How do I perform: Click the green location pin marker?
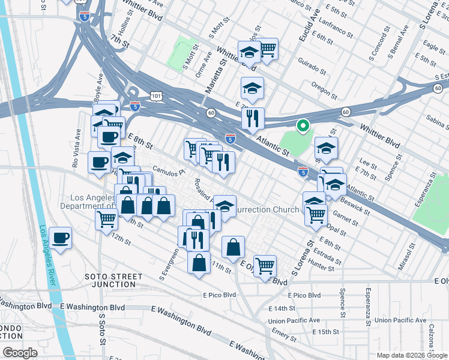304,126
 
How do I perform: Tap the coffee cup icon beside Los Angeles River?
61,238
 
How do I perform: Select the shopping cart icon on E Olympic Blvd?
265,266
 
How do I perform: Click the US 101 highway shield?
156,96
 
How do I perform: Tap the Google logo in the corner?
20,352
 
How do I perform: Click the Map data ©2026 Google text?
411,355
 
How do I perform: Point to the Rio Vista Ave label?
76,148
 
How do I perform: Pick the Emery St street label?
282,332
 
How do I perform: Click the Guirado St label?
312,70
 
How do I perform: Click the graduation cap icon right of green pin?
326,148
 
